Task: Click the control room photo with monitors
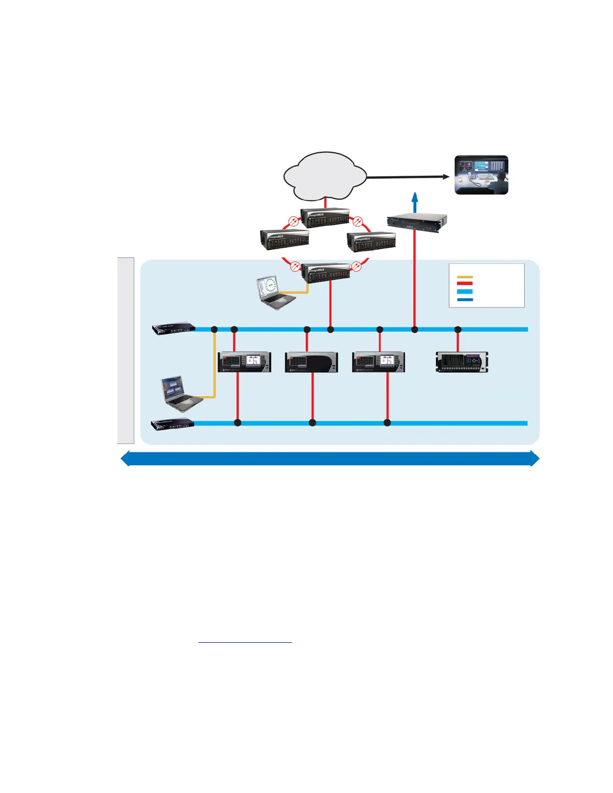click(481, 175)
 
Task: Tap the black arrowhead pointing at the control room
click(445, 176)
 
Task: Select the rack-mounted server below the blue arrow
click(417, 222)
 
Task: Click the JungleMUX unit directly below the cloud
click(325, 218)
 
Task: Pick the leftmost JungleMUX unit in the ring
click(284, 240)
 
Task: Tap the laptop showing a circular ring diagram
click(276, 292)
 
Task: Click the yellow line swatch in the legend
click(465, 277)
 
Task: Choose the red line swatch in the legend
click(465, 283)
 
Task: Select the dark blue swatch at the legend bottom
click(465, 299)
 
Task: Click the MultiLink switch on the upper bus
click(174, 328)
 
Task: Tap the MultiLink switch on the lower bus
click(173, 424)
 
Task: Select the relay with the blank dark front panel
click(312, 362)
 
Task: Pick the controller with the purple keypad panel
click(462, 362)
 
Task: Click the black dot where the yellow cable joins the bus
click(214, 329)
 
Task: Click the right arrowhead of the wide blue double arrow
click(534, 459)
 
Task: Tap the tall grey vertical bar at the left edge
click(126, 350)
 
